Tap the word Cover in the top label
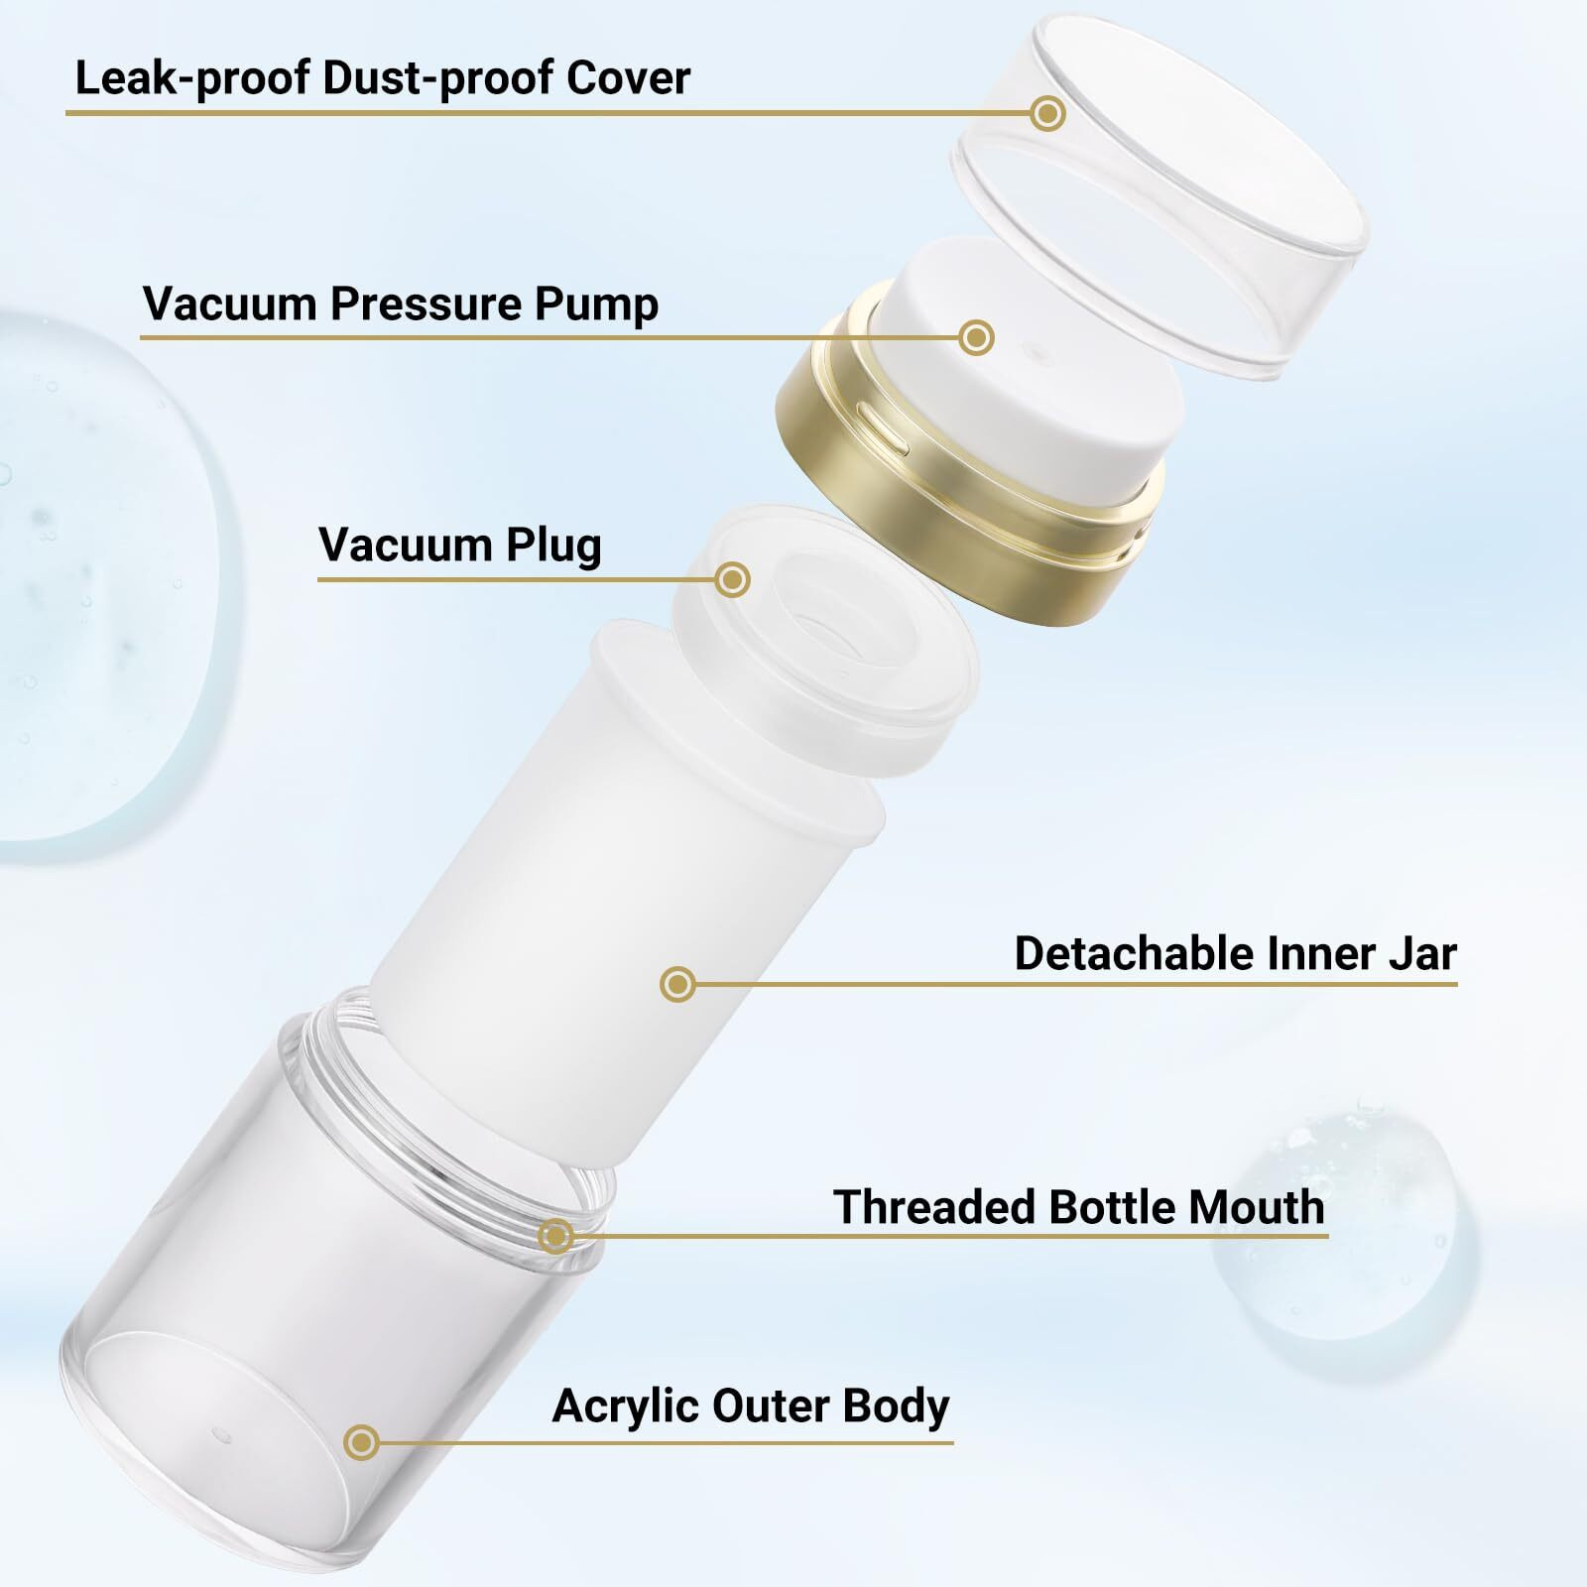point(628,78)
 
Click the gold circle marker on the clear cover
point(1047,114)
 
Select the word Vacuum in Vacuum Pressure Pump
point(228,304)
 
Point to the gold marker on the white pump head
point(977,337)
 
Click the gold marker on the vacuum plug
point(732,579)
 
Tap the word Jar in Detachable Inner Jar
point(1420,954)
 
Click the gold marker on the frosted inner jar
point(677,984)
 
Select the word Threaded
point(932,1208)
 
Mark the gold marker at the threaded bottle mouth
point(555,1236)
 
